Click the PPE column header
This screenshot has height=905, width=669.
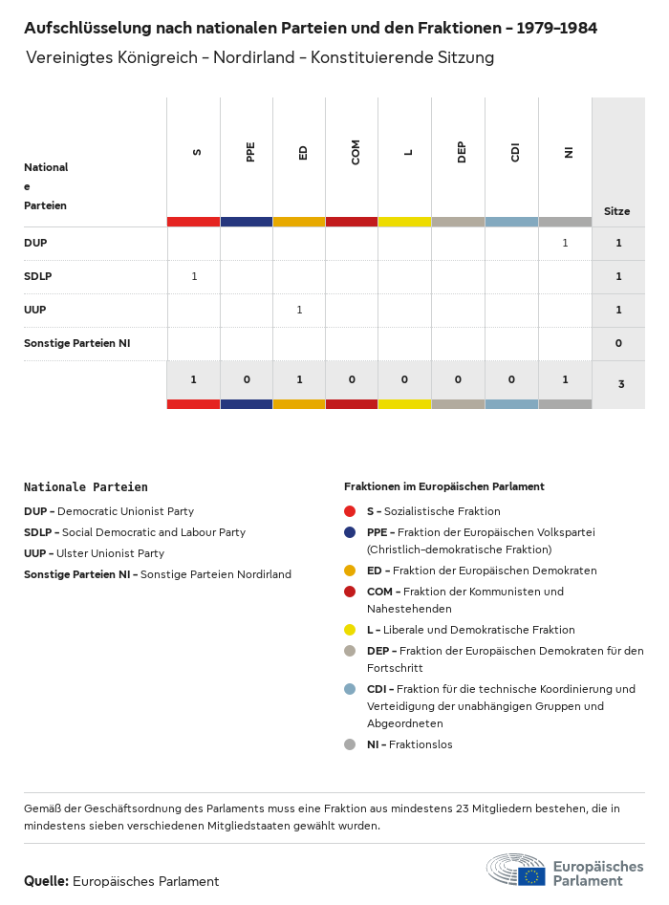(250, 152)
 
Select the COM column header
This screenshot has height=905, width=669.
(356, 152)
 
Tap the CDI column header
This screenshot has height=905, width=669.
(515, 152)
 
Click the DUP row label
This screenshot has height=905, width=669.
(35, 243)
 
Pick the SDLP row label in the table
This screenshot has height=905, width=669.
(37, 276)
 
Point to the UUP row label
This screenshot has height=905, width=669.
(35, 310)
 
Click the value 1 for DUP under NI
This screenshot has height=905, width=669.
(565, 243)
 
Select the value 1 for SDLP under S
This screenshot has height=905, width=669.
(194, 276)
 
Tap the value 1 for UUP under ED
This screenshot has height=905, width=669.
(299, 310)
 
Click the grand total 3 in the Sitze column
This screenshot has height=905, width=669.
(621, 384)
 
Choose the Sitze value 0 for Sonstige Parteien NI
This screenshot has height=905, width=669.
(618, 343)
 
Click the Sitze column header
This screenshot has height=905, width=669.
(616, 211)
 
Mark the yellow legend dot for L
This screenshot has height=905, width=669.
(350, 630)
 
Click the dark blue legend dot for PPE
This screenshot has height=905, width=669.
(350, 532)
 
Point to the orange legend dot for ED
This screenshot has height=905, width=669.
(350, 571)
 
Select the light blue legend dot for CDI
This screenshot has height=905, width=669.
(350, 689)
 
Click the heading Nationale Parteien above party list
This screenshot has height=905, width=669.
(86, 486)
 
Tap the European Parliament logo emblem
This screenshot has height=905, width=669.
(516, 871)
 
